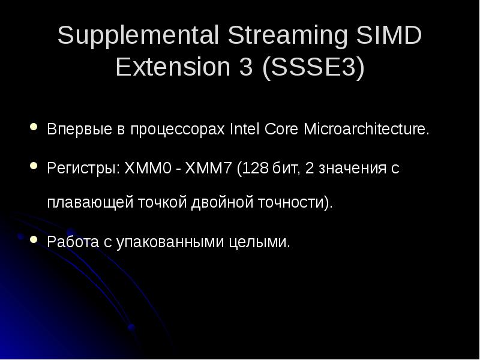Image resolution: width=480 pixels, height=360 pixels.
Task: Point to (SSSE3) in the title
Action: click(313, 68)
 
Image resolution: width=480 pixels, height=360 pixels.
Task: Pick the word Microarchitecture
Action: click(367, 130)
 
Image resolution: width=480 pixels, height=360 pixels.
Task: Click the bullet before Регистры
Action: click(34, 165)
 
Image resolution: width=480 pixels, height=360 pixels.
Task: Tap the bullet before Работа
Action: click(34, 239)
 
